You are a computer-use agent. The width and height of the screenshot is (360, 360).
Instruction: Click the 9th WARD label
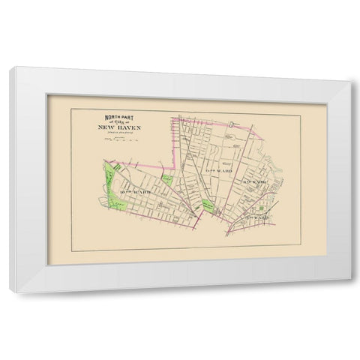coord(219,172)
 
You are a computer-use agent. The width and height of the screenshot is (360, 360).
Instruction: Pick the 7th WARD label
coord(258,218)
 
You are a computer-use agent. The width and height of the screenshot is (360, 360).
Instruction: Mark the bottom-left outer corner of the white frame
coord(10,290)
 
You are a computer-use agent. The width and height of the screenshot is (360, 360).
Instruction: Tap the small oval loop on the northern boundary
coord(235,119)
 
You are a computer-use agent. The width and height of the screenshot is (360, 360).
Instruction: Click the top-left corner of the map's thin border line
coord(73,106)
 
